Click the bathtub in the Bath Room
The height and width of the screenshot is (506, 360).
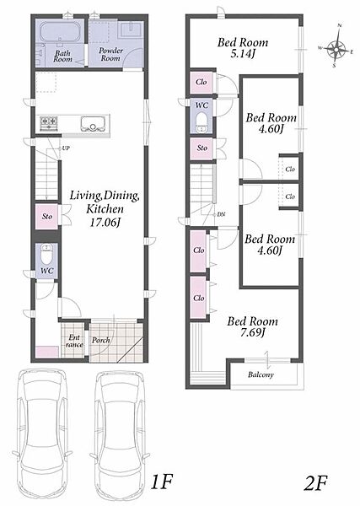click(x=61, y=32)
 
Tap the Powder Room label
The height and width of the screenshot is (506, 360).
click(x=110, y=54)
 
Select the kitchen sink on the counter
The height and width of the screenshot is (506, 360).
click(x=94, y=123)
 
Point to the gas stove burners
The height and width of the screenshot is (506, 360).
click(x=49, y=123)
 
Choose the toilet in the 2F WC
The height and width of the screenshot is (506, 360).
click(x=202, y=121)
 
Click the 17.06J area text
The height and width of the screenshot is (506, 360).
click(x=105, y=223)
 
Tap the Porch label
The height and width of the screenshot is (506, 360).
click(x=100, y=340)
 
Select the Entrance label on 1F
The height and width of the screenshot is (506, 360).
click(x=74, y=341)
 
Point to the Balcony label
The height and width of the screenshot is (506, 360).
click(x=261, y=374)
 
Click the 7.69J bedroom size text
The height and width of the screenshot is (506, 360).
click(x=253, y=332)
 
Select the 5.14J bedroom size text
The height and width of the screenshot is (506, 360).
click(x=243, y=54)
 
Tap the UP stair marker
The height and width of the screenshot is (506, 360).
click(x=66, y=148)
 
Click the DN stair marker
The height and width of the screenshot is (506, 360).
click(x=221, y=214)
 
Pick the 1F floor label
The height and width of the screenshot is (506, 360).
click(x=162, y=482)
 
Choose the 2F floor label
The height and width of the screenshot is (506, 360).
click(x=315, y=482)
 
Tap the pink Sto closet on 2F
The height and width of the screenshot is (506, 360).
click(x=201, y=148)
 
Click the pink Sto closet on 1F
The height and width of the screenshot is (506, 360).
click(x=46, y=217)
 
